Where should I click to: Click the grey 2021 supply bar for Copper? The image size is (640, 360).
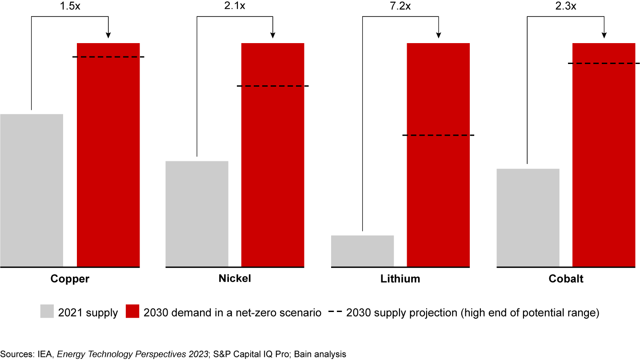(x=32, y=190)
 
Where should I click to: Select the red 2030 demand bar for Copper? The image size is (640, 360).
(x=108, y=155)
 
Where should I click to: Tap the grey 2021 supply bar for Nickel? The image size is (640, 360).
(x=197, y=214)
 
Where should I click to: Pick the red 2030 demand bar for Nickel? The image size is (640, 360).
(x=273, y=155)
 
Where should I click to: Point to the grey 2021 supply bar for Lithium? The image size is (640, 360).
(x=363, y=251)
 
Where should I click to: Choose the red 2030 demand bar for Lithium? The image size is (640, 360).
(x=438, y=155)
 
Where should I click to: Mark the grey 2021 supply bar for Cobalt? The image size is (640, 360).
(x=528, y=218)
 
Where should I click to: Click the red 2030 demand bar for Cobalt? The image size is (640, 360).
(x=604, y=155)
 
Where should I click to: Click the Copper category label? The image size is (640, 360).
(x=70, y=279)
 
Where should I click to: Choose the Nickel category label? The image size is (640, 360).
(x=235, y=279)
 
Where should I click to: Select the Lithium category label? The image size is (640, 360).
(x=400, y=279)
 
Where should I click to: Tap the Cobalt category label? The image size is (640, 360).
(x=565, y=279)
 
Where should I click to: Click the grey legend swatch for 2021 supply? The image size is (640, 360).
(x=47, y=312)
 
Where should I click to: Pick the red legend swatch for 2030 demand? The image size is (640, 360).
(x=133, y=312)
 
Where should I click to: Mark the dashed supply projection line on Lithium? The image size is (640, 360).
(x=438, y=135)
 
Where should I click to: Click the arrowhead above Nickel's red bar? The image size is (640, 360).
(x=273, y=36)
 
